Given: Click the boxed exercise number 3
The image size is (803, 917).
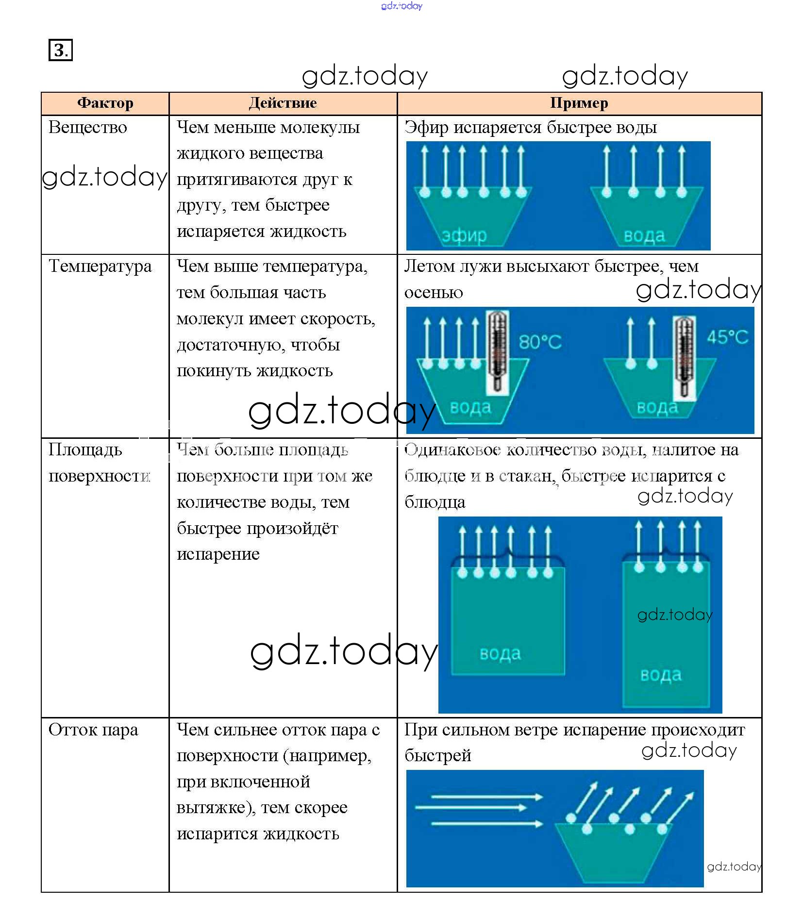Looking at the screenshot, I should click(x=60, y=50).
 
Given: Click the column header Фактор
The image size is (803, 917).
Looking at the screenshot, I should click(x=105, y=103).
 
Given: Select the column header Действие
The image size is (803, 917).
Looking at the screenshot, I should click(x=283, y=103).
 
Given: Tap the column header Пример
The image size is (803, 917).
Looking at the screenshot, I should click(x=579, y=103).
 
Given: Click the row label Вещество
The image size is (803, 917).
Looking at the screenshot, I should click(x=88, y=127).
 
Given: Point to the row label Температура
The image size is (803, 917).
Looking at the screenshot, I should click(x=100, y=266).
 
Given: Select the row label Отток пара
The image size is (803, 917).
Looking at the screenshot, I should click(x=93, y=730).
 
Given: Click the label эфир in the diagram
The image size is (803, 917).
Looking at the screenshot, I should click(x=464, y=235).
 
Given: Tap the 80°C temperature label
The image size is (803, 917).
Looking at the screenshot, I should click(x=540, y=342).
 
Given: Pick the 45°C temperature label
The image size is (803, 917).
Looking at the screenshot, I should click(x=727, y=337).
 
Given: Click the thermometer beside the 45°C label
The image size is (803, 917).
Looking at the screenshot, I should click(x=684, y=357).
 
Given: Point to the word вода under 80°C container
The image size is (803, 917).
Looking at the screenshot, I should click(x=470, y=407).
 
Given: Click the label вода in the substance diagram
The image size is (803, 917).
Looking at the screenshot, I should click(x=644, y=235).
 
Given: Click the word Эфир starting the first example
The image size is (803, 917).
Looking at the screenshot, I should click(x=426, y=127).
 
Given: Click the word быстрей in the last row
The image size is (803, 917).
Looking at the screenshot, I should click(x=437, y=755).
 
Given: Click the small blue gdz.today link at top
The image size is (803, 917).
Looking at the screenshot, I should click(x=401, y=6).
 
